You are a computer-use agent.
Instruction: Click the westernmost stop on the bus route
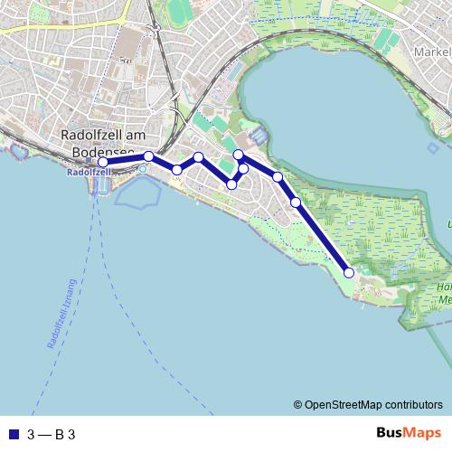(103, 163)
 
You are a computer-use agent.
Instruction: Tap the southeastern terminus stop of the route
(349, 272)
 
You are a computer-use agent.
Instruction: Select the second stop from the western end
(148, 156)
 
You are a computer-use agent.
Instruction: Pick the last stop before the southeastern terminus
(296, 202)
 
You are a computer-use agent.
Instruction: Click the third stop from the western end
(177, 170)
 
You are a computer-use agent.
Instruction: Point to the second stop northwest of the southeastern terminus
(278, 177)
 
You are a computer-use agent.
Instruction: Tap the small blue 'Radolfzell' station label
(89, 171)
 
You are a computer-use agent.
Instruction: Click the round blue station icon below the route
(142, 168)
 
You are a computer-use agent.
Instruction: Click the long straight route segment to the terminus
(323, 238)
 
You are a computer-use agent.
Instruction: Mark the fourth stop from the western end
(199, 158)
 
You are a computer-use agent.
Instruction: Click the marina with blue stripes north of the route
(258, 137)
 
